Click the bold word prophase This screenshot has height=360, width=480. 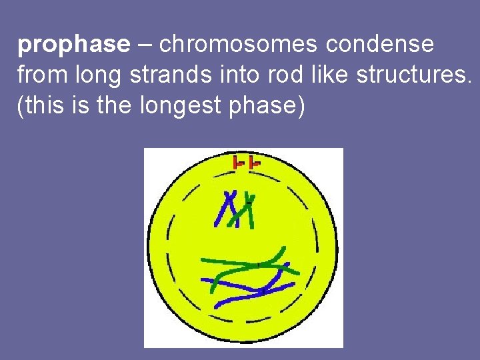click(73, 45)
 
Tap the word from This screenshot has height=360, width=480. click(42, 75)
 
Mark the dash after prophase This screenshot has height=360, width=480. click(145, 45)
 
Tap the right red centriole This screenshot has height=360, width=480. click(253, 162)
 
